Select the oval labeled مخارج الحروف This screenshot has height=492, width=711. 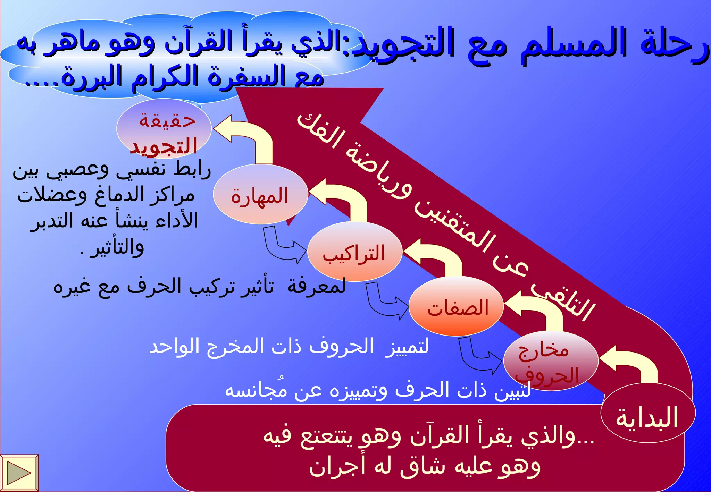[551, 361]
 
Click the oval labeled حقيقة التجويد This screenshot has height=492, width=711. [164, 128]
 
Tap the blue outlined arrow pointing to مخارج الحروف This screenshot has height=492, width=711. [479, 357]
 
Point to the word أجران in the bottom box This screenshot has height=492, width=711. [337, 467]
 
